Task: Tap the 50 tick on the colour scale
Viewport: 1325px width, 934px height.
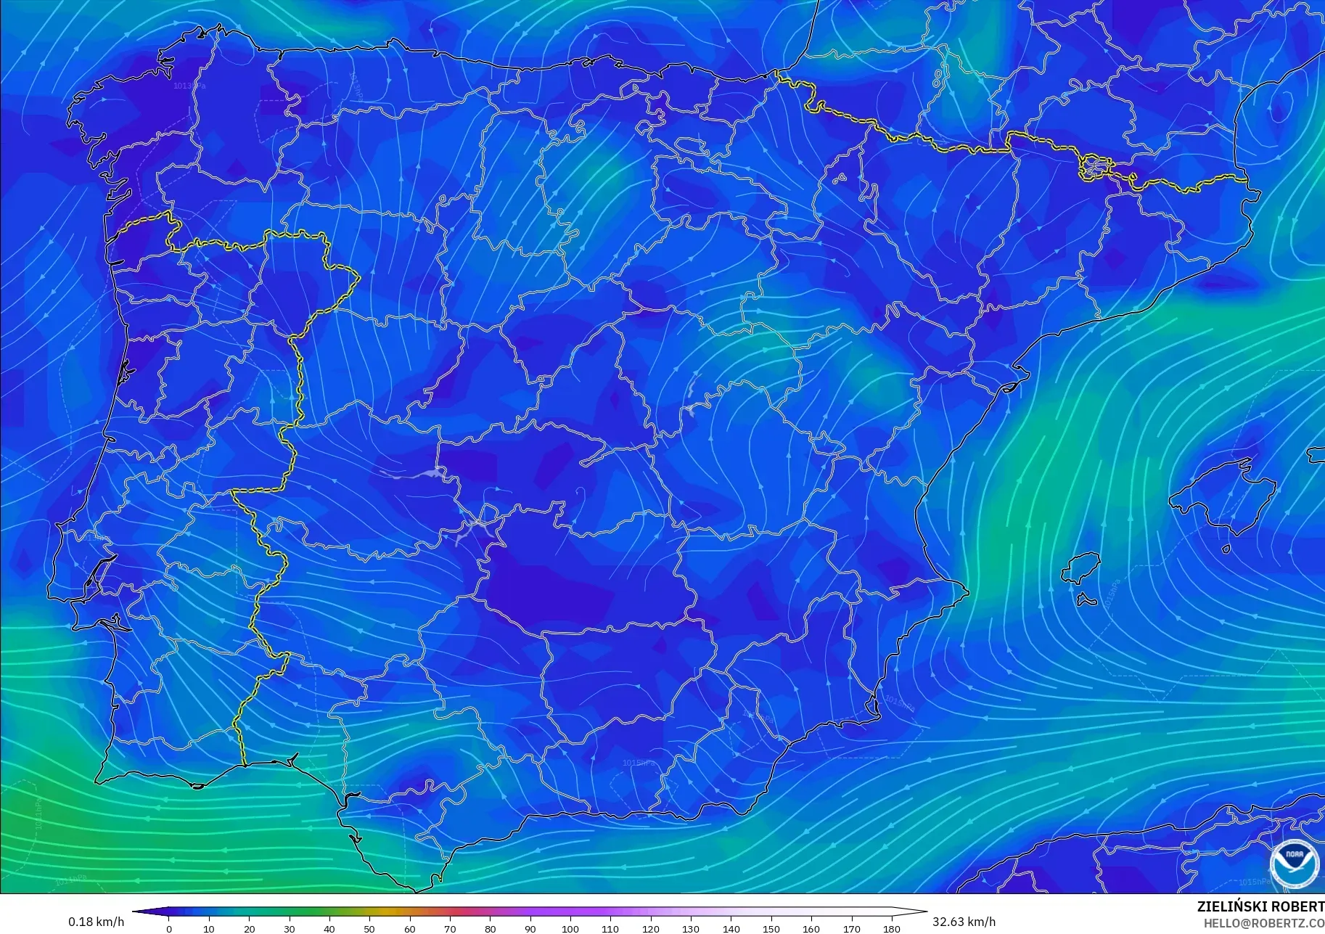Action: (369, 927)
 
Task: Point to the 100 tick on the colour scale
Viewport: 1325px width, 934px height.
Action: (570, 927)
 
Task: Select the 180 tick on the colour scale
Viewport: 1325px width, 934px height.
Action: (892, 927)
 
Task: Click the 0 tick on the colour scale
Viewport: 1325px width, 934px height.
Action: (169, 927)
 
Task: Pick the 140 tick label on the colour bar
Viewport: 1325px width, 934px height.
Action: (731, 928)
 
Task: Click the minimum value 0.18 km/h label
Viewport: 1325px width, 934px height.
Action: (96, 922)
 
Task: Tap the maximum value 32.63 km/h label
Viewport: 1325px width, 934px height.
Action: (964, 922)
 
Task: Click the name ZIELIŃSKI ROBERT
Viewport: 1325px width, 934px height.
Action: (1260, 906)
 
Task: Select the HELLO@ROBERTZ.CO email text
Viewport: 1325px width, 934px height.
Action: (1264, 923)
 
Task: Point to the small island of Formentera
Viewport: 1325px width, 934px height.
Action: (1086, 600)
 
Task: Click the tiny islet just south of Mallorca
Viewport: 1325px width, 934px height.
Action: (1226, 549)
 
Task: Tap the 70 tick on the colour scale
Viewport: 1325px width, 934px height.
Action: (450, 927)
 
